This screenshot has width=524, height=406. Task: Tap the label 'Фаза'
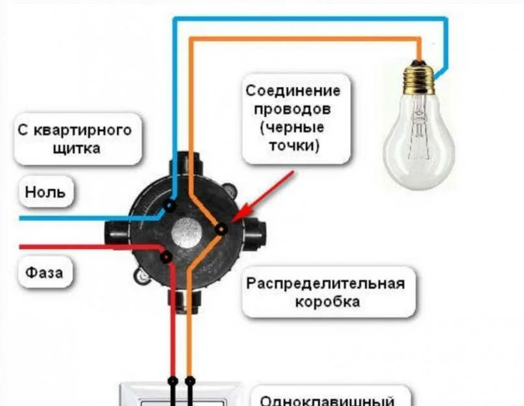[44, 272]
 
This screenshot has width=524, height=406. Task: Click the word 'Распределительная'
[325, 284]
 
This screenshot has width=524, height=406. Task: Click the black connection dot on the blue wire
[169, 207]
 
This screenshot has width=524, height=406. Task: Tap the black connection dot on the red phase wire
[166, 257]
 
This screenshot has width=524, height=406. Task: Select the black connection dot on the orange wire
[221, 229]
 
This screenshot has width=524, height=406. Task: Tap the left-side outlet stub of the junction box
[115, 233]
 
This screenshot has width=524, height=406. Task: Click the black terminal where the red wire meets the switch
[173, 379]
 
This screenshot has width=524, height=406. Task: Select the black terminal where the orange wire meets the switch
[190, 379]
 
